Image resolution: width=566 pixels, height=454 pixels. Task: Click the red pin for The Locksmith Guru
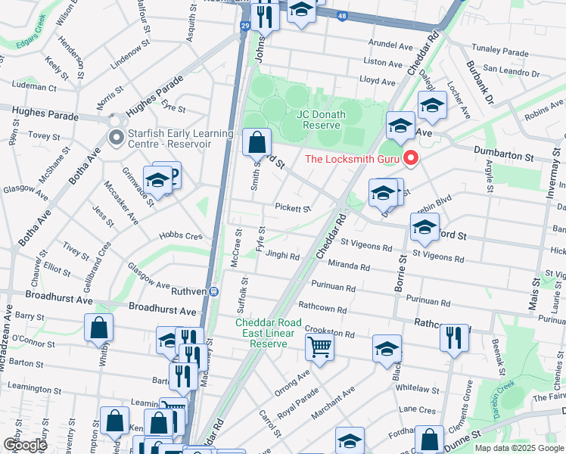click(411, 158)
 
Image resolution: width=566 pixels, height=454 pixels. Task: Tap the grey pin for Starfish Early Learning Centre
click(116, 138)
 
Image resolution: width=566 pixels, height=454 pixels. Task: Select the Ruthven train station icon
click(215, 291)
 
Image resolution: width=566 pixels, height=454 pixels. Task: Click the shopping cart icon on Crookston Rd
click(320, 347)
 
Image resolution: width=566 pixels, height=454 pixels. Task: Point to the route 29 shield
click(244, 26)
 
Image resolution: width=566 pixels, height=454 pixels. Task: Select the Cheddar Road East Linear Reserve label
click(269, 333)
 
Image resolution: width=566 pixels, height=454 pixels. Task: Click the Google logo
click(25, 445)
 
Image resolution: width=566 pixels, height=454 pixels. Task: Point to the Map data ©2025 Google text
click(518, 448)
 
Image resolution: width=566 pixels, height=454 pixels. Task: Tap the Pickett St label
click(293, 208)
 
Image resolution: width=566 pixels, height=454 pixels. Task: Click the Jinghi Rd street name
click(282, 256)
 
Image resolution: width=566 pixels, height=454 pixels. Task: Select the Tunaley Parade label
click(499, 52)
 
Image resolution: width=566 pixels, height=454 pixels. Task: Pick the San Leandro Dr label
click(511, 73)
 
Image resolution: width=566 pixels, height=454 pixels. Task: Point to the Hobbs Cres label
click(182, 236)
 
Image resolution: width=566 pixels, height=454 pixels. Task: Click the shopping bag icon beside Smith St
click(257, 141)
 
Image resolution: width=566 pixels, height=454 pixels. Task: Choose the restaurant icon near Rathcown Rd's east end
click(454, 337)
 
